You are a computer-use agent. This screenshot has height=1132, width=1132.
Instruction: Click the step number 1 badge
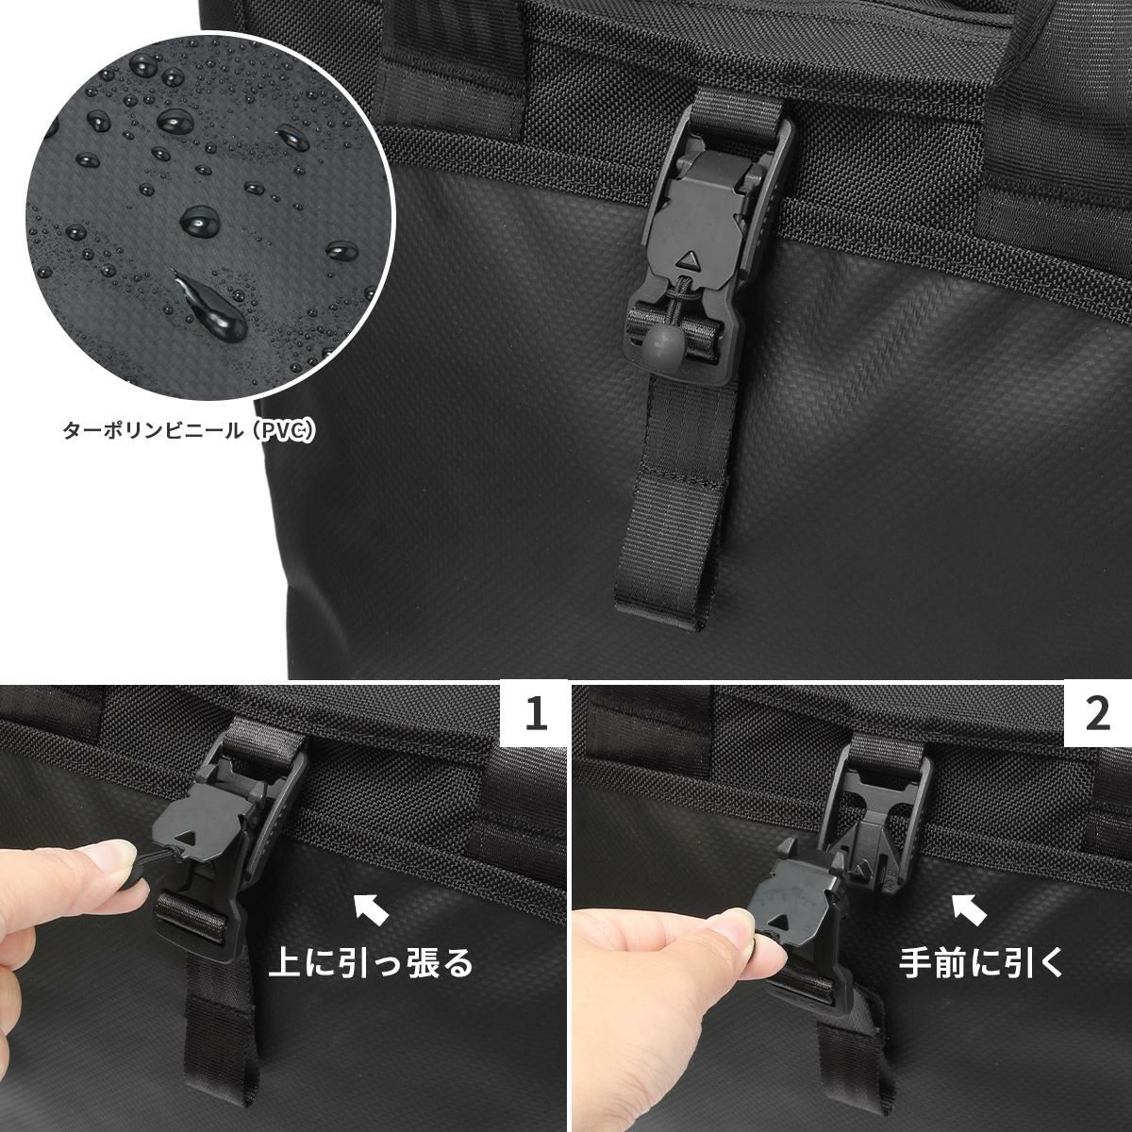point(535,715)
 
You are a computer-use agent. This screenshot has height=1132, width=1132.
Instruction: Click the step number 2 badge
point(1098,715)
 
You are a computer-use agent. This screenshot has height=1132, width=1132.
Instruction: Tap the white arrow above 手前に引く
point(971,909)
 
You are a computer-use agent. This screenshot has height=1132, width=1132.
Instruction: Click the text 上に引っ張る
point(370,964)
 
